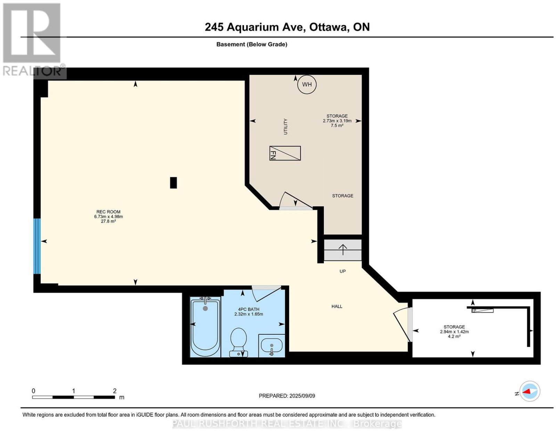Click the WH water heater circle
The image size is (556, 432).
click(x=307, y=84)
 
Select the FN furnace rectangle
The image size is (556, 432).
click(x=285, y=153)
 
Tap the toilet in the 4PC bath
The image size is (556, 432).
click(x=238, y=342)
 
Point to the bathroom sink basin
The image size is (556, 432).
click(x=271, y=345)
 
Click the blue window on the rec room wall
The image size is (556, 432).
click(x=37, y=246)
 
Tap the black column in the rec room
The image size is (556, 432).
click(x=173, y=182)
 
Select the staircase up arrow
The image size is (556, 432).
click(x=343, y=250)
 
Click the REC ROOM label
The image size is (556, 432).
click(x=108, y=212)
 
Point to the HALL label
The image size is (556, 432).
click(x=337, y=306)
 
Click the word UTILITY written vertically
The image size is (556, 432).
click(x=285, y=127)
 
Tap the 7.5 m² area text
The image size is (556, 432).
click(x=337, y=125)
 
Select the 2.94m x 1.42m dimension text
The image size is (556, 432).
click(x=454, y=332)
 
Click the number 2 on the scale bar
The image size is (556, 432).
click(x=115, y=391)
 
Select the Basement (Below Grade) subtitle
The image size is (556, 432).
click(x=252, y=44)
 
